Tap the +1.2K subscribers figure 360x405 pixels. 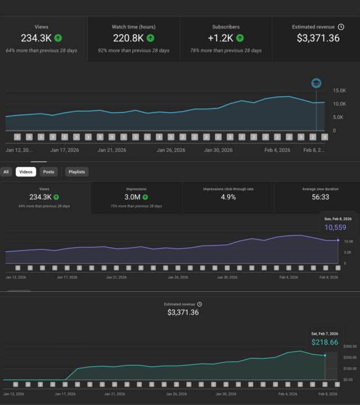(x=220, y=38)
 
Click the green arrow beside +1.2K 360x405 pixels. (x=240, y=38)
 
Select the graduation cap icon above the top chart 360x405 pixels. (x=316, y=83)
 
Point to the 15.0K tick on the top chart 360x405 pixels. (x=339, y=91)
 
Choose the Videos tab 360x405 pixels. (x=26, y=172)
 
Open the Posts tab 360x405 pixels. (x=49, y=172)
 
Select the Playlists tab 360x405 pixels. (x=76, y=172)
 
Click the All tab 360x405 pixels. (x=6, y=172)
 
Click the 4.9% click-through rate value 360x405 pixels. (x=228, y=197)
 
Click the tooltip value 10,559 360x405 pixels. (x=335, y=228)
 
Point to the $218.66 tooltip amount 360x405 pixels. (x=325, y=342)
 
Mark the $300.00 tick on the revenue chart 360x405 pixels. (x=350, y=346)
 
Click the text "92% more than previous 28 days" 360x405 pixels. (x=133, y=51)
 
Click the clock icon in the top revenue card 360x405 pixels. (x=341, y=26)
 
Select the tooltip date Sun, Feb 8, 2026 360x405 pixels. (x=337, y=218)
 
